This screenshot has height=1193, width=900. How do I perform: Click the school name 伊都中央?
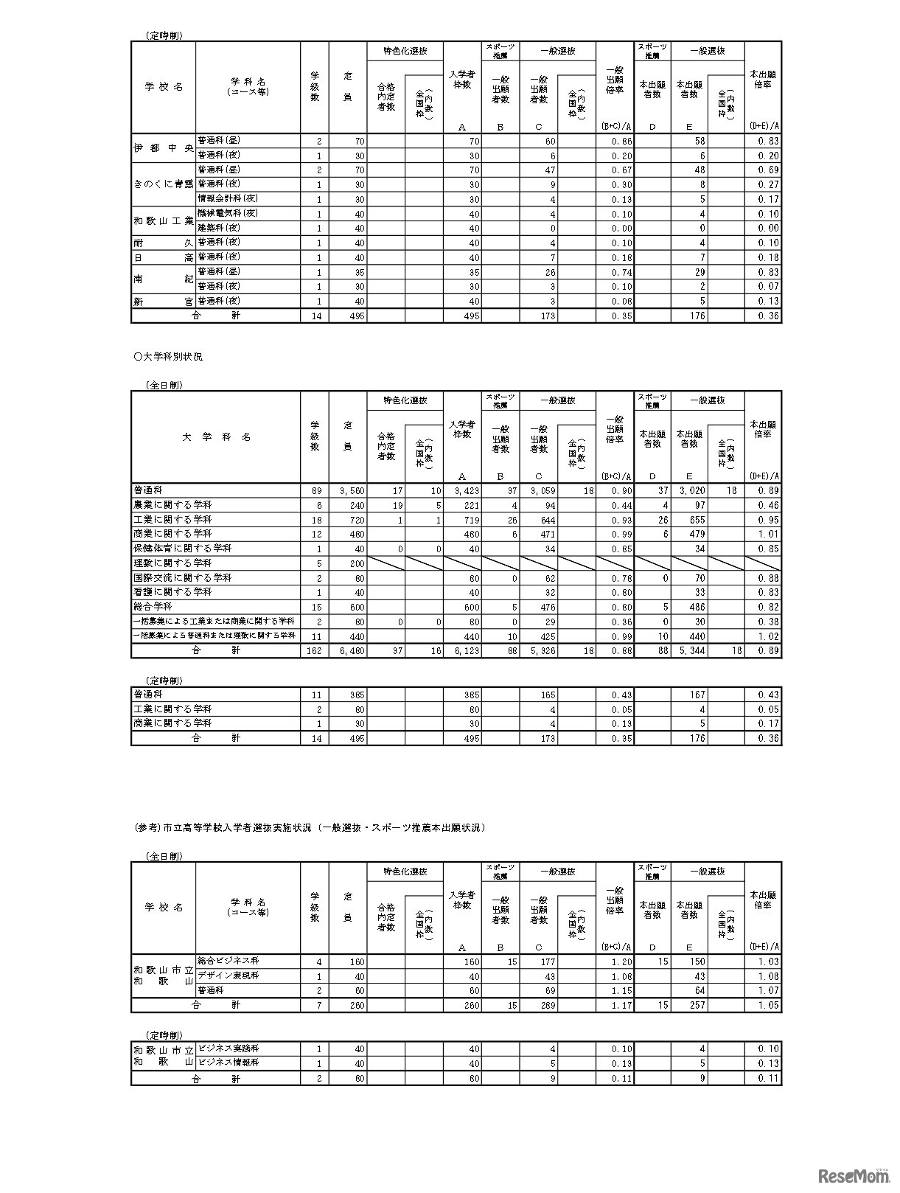point(163,148)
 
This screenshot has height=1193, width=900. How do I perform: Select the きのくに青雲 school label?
point(163,184)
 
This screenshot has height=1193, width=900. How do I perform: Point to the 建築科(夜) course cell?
point(219,229)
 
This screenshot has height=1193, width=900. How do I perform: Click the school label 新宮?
point(163,302)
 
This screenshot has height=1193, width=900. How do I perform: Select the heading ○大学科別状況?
point(168,357)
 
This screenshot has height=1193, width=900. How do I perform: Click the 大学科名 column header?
point(216,437)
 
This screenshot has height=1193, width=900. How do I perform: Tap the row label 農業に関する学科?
point(172,505)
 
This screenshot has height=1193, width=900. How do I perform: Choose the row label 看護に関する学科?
point(172,592)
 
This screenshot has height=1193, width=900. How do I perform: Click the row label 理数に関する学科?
point(172,563)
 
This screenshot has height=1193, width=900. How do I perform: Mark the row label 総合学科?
point(153,607)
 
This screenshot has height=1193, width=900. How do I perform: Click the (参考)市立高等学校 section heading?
point(310,828)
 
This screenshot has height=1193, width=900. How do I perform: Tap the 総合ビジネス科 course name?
point(228,961)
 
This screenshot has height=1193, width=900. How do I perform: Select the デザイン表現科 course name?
point(228,976)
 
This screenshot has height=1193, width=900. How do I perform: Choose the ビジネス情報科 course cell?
point(228,1063)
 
